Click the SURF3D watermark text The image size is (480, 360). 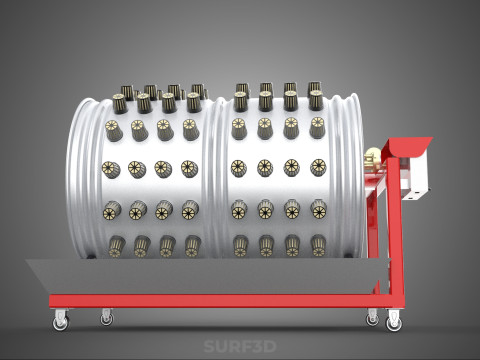pyautogui.click(x=240, y=346)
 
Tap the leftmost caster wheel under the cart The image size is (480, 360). pyautogui.click(x=61, y=322)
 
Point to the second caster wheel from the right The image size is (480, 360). pyautogui.click(x=372, y=319)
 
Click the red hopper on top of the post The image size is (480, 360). pyautogui.click(x=407, y=147)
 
